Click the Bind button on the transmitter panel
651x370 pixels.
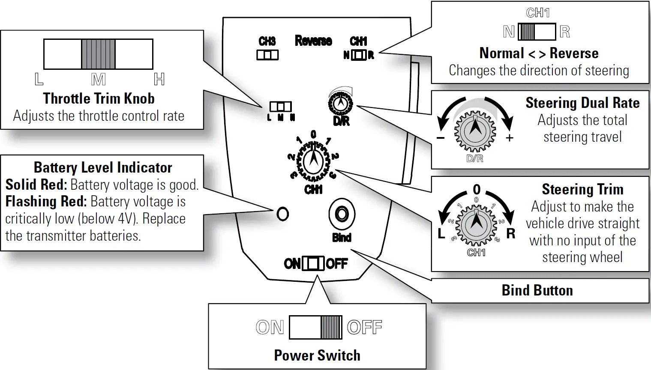point(342,214)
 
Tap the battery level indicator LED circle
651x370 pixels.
point(282,213)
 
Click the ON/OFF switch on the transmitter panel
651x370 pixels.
point(313,263)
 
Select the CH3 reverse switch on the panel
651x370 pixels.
point(267,55)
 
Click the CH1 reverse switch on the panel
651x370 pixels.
point(359,55)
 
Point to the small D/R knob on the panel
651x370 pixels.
point(341,103)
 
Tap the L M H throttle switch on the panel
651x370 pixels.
point(280,107)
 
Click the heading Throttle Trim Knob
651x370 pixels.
point(99,98)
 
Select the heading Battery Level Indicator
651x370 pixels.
point(103,167)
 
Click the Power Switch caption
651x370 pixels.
point(317,355)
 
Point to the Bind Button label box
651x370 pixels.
point(537,290)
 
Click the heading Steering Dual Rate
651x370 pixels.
point(582,103)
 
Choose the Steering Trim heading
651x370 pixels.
point(582,189)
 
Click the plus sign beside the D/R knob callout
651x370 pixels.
point(509,138)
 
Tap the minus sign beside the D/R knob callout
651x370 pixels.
point(440,138)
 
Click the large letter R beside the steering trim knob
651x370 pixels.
point(511,234)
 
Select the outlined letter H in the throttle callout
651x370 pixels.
point(159,79)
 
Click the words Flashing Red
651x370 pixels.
point(46,201)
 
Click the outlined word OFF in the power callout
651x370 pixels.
point(364,328)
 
